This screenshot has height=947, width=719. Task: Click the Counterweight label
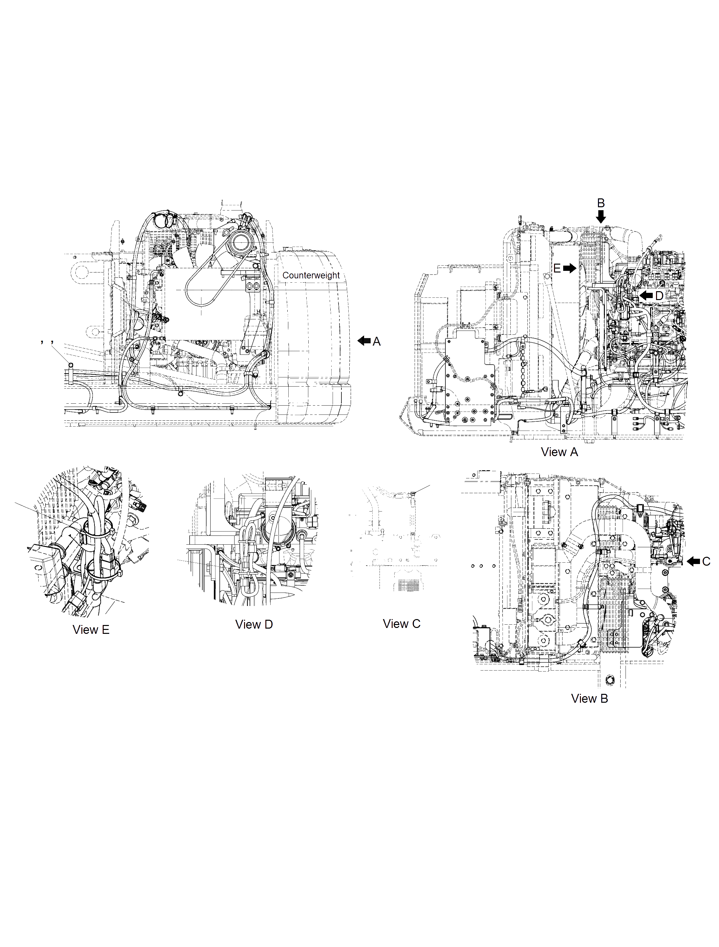pos(311,275)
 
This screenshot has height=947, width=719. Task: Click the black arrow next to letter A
pos(364,341)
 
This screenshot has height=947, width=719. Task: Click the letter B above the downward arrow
pos(601,203)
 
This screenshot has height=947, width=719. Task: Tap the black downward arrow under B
pos(601,217)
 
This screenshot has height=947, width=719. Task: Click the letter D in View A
pos(659,296)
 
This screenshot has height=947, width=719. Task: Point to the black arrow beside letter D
pos(646,295)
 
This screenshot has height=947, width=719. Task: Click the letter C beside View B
pos(706,561)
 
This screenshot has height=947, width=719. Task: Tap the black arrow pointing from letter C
pos(694,562)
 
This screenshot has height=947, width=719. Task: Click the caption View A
pos(559,452)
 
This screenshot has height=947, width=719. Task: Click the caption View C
pos(401,624)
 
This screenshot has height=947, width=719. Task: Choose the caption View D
pos(254,624)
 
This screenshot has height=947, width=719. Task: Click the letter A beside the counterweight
pos(377,341)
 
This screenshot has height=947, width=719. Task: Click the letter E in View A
pos(557,269)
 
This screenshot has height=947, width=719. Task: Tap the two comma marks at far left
pos(47,342)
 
